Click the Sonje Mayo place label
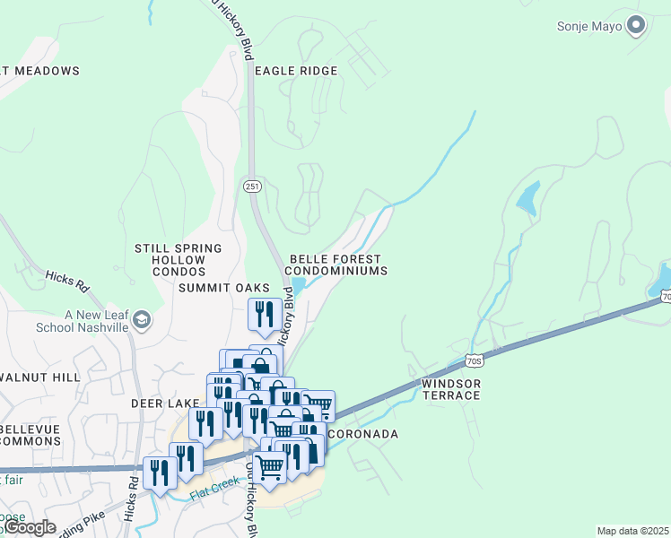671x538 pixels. pos(588,25)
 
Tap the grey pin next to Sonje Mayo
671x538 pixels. pos(637,25)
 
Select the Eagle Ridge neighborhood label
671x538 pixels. pos(296,71)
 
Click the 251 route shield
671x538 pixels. pos(252,186)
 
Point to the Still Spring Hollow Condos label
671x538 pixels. pos(178,259)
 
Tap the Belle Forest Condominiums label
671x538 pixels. pos(337,265)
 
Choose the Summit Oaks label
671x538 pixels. pos(224,288)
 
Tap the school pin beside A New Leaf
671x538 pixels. pos(141,319)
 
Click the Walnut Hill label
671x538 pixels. pos(40,378)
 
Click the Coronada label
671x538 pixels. pos(362,434)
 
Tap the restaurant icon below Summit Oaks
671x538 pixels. pos(263,315)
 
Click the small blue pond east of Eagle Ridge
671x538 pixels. pos(528,199)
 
